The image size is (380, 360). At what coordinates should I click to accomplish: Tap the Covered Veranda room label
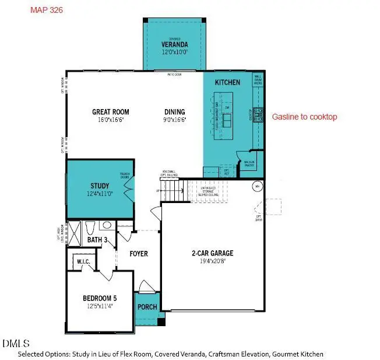coord(175,45)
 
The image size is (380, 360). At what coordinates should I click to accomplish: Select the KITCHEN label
coord(227,83)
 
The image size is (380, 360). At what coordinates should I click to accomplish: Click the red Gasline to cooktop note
coord(304,117)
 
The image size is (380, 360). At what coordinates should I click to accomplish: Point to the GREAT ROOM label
coord(111,112)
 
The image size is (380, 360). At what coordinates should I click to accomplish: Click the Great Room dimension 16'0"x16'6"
coord(111,120)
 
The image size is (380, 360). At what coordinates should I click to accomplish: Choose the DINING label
coord(174,112)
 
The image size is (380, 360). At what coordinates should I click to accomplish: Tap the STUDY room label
coord(100,186)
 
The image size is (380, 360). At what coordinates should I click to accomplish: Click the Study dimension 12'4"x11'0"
coord(100,193)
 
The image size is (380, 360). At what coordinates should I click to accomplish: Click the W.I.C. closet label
coord(83,262)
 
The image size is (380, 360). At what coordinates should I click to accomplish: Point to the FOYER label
coord(139,254)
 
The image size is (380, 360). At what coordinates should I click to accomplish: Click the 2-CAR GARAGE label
coord(213,253)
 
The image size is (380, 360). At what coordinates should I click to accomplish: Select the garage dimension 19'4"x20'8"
coord(213,261)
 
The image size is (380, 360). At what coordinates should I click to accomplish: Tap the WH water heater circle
coord(256,187)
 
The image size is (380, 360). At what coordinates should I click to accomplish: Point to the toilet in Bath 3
coord(90,228)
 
